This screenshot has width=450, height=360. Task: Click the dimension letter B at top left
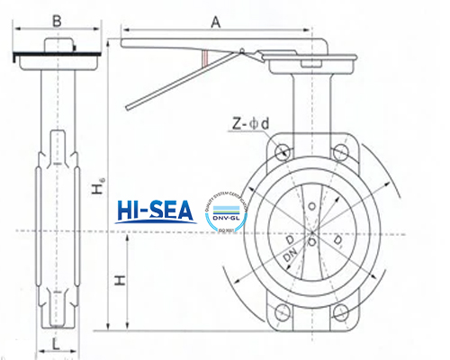[57, 20]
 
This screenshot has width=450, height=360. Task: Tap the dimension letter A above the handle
[215, 20]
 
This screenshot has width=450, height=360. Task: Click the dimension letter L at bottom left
[56, 344]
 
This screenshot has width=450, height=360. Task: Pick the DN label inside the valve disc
[291, 259]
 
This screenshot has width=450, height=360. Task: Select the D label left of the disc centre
[289, 240]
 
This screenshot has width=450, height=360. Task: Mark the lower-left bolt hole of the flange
[284, 314]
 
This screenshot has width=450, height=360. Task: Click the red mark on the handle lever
[208, 58]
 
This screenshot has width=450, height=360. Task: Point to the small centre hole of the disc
[311, 241]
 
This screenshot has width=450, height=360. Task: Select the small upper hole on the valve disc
[311, 213]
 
